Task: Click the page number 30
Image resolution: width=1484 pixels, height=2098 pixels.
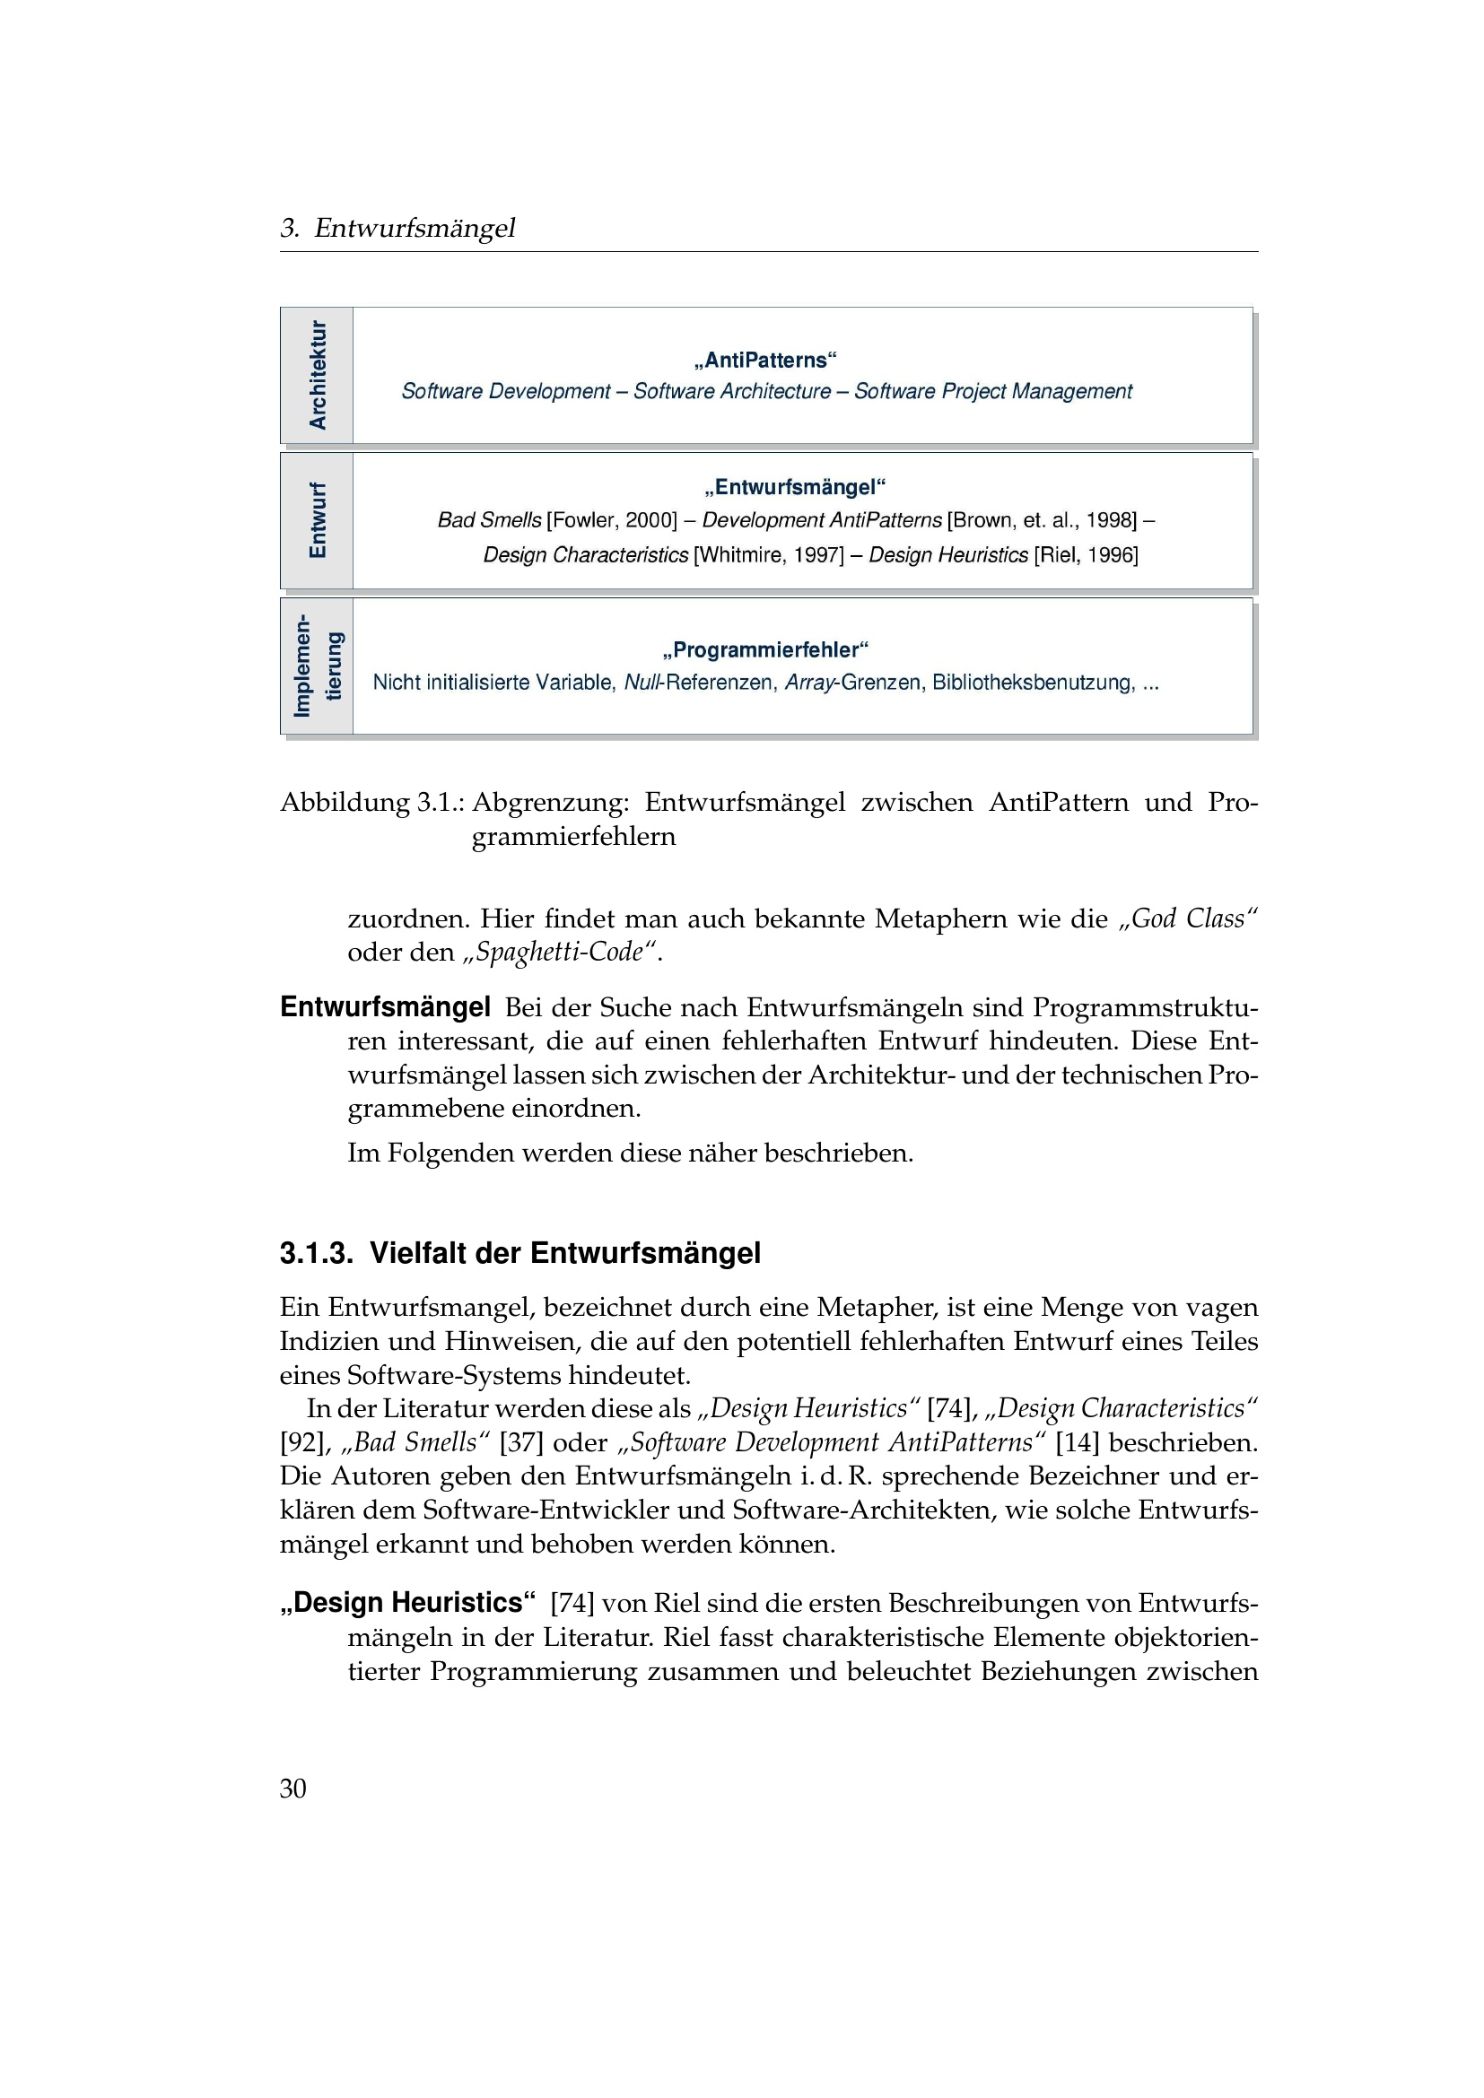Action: point(292,1789)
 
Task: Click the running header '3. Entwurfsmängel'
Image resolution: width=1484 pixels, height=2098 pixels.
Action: point(397,228)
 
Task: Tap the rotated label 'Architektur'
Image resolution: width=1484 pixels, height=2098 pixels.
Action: point(317,375)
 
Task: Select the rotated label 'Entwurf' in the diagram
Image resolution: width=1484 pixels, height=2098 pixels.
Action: point(317,520)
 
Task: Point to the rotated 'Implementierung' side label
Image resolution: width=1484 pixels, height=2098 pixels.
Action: point(317,666)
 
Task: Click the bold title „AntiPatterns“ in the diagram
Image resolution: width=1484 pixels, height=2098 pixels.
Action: point(765,360)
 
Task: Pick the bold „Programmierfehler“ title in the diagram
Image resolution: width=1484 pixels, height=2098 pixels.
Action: point(764,649)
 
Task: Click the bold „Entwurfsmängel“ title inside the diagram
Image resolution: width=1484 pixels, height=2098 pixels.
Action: point(795,487)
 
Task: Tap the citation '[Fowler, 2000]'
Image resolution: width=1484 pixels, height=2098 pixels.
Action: point(611,520)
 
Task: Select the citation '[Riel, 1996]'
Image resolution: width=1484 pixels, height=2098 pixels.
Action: point(1086,554)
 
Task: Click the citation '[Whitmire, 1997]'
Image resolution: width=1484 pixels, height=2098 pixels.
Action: point(769,554)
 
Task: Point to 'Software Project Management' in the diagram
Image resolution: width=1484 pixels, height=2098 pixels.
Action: point(993,391)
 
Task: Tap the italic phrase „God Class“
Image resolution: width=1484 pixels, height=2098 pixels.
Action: point(1189,918)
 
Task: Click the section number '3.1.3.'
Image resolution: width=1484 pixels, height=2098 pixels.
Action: point(316,1253)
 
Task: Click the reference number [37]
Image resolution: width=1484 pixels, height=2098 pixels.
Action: point(521,1443)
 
